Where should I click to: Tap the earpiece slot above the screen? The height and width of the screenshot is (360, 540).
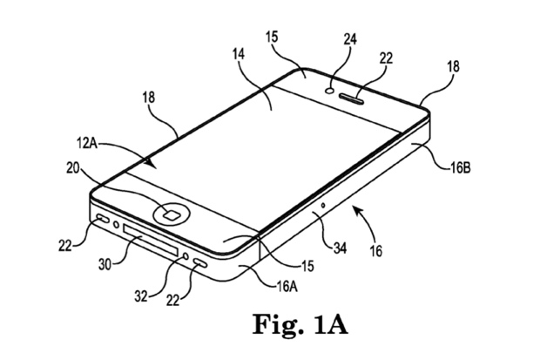coord(356,92)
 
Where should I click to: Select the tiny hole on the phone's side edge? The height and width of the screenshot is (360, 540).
coord(323,206)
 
